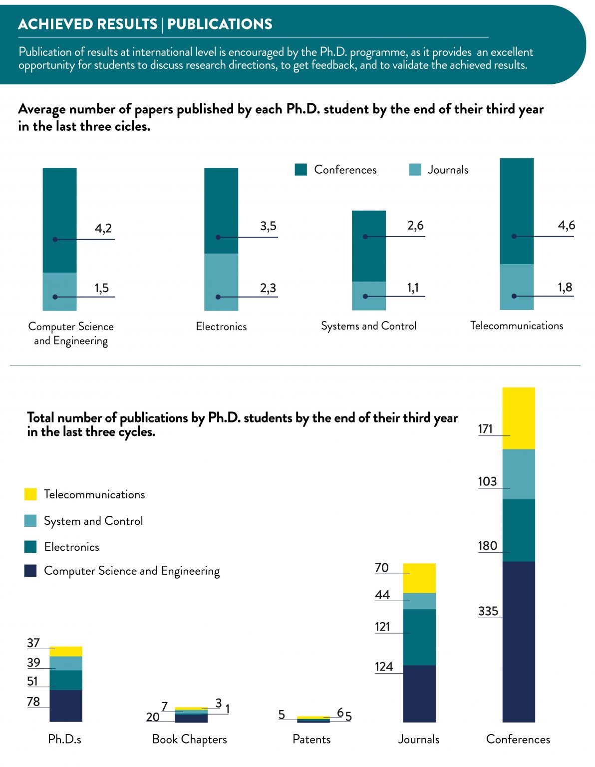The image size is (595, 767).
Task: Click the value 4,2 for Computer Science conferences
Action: click(103, 229)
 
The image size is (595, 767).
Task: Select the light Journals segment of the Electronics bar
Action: click(221, 282)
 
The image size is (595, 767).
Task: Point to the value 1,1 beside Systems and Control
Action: click(413, 288)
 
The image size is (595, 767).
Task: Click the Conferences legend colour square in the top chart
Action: click(301, 170)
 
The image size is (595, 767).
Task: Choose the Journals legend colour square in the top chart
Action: click(415, 170)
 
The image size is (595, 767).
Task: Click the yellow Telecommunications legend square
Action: click(30, 494)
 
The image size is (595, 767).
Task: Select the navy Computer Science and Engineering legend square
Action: click(30, 571)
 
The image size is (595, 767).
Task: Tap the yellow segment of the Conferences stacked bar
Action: click(519, 418)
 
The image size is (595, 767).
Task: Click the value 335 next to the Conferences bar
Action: click(488, 611)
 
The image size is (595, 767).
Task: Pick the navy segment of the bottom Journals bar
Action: click(419, 694)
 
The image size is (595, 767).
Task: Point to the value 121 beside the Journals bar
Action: click(382, 627)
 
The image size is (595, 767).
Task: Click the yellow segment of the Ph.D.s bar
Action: click(66, 651)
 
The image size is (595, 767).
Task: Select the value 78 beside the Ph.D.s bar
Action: click(33, 702)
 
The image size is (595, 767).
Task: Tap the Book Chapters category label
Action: click(189, 740)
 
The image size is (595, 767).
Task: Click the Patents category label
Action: click(311, 740)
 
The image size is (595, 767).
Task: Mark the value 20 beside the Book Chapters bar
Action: click(153, 717)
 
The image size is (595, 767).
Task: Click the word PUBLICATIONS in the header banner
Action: click(220, 24)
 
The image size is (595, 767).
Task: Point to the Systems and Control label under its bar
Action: click(368, 326)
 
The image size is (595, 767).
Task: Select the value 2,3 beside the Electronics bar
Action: click(268, 288)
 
